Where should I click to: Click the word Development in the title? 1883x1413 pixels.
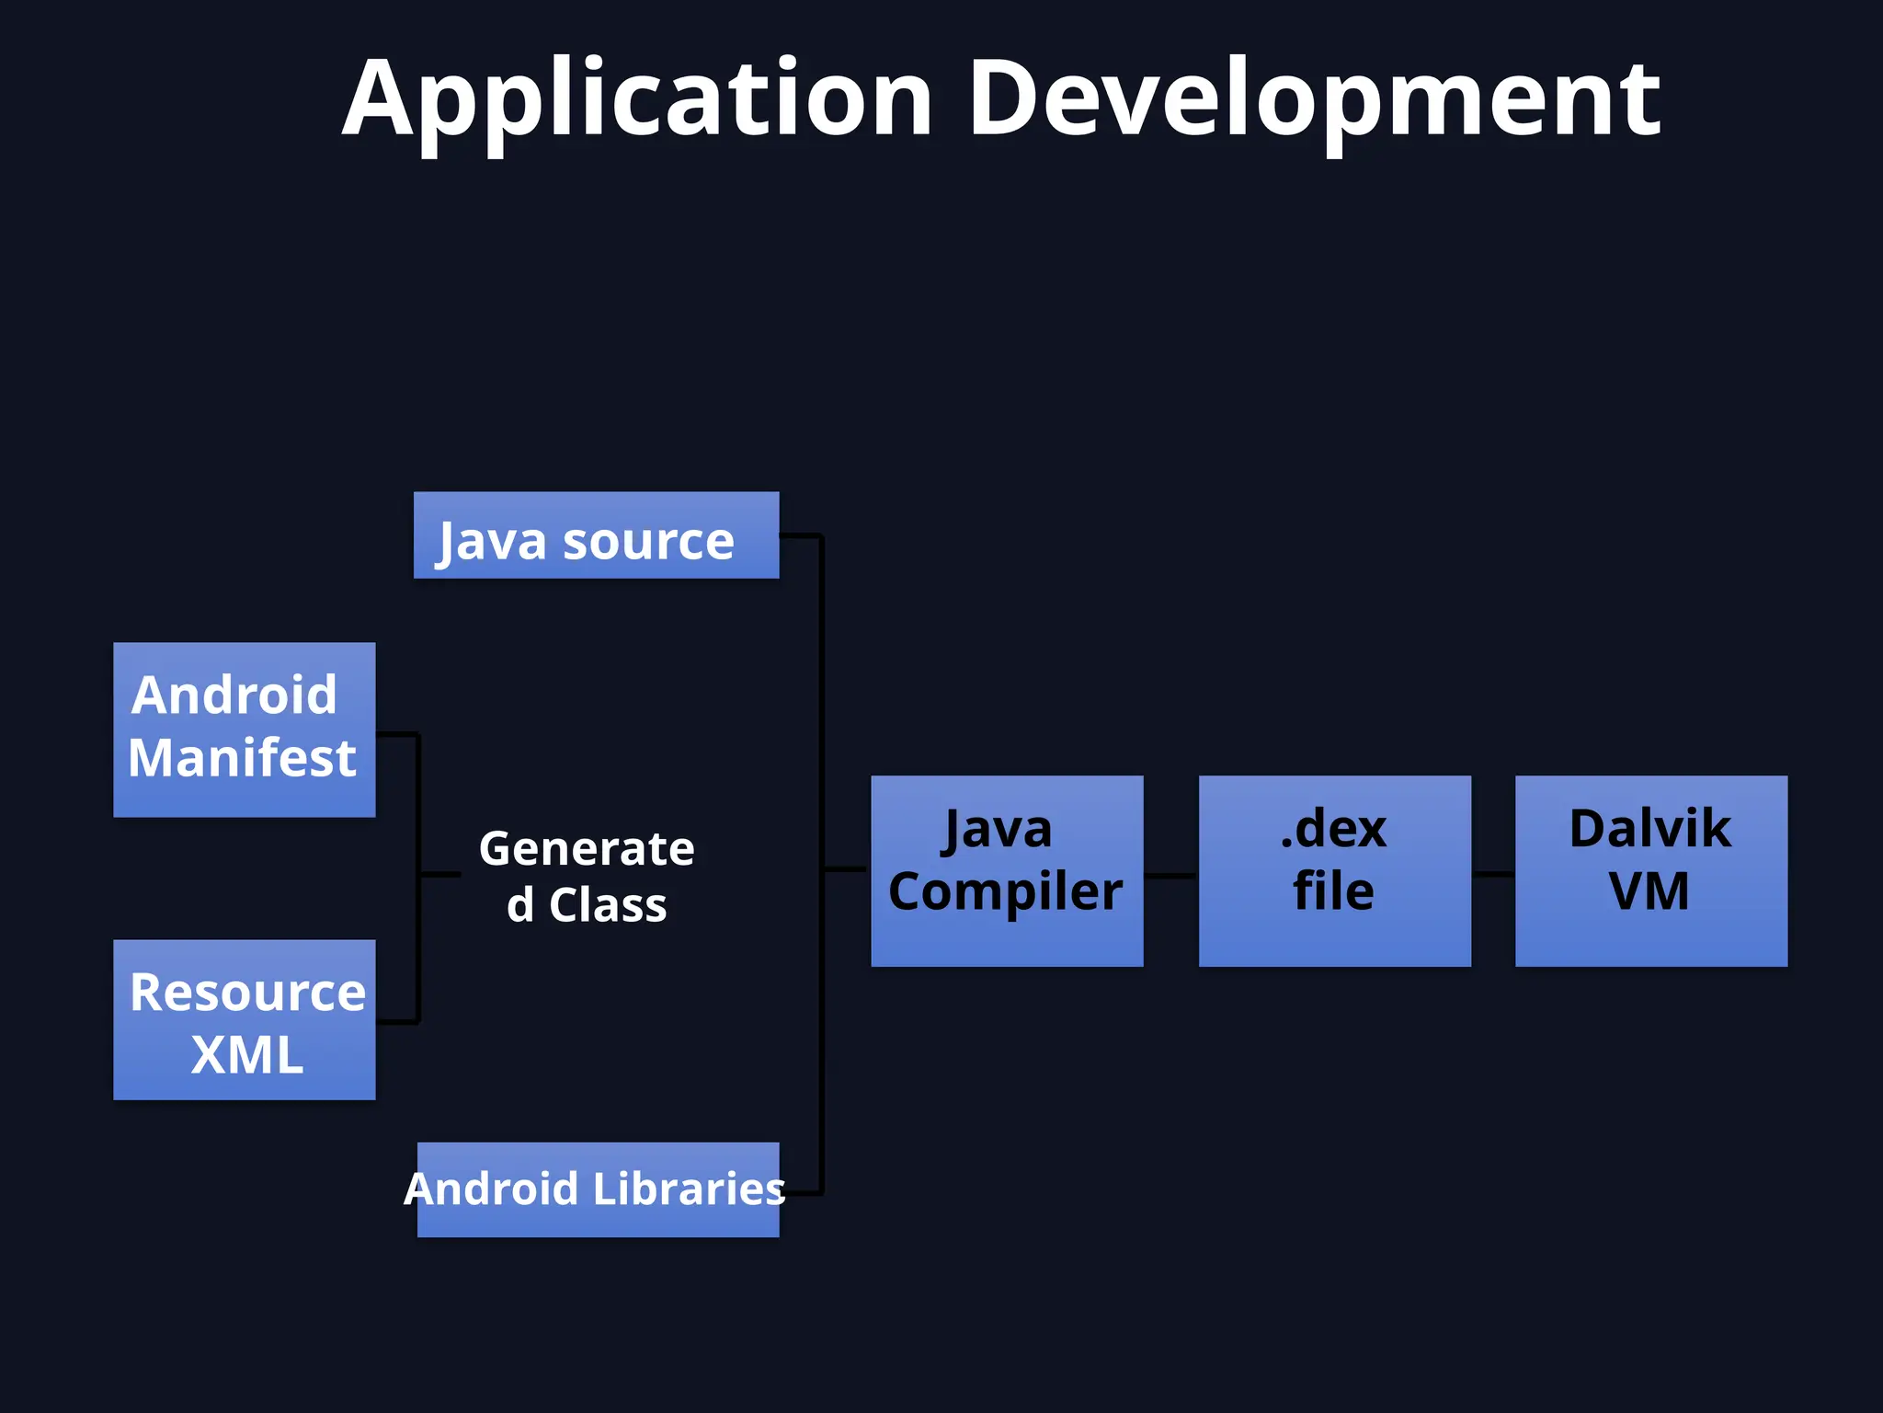1314,99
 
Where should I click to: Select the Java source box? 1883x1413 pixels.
596,535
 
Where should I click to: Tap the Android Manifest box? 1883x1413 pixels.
244,729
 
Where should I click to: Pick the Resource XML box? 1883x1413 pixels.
244,1019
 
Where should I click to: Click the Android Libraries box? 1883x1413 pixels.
598,1189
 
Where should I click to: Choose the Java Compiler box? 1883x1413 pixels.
1007,870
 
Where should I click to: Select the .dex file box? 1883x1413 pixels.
1334,870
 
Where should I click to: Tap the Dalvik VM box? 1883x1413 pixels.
1650,870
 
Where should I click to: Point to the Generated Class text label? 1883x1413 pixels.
587,876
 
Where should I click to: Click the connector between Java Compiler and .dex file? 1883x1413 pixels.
1170,875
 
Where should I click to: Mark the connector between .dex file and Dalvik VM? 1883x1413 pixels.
1492,874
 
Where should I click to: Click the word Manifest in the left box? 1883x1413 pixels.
242,758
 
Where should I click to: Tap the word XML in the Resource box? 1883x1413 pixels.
246,1054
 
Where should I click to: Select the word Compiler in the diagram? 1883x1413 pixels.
1005,891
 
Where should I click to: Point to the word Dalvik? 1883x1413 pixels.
1649,828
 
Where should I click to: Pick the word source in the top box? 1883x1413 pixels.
648,541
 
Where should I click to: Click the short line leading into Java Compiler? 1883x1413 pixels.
845,868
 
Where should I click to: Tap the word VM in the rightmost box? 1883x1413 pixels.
1649,891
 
